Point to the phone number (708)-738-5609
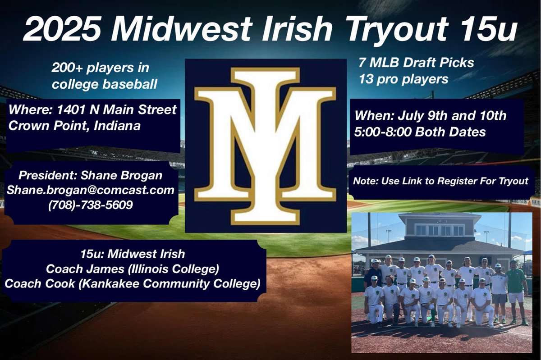coord(90,205)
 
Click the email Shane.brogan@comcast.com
coord(90,191)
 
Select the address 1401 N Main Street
coord(92,110)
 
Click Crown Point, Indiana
coord(74,126)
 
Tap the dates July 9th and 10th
coord(431,115)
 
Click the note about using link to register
coord(440,182)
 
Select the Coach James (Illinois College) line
coord(133,270)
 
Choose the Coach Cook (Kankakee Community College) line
coord(133,285)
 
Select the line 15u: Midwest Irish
coord(133,255)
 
